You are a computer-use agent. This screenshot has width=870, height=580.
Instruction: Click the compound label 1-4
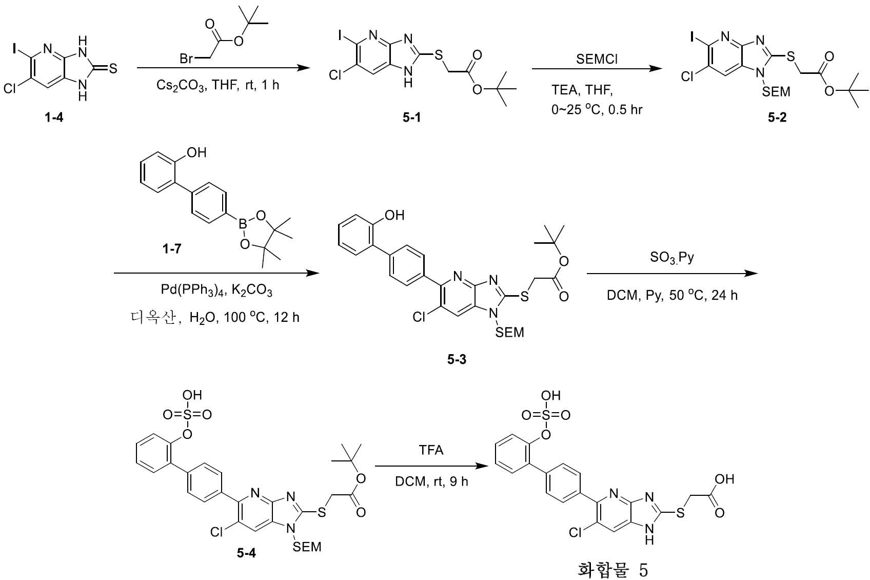54,118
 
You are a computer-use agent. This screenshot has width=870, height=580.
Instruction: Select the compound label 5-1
411,118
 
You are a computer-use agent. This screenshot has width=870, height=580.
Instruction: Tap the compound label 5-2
777,118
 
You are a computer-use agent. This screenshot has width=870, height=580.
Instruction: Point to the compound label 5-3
457,359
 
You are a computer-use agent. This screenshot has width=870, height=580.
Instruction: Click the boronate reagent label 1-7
171,249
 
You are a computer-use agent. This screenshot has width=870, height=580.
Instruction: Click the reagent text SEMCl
597,59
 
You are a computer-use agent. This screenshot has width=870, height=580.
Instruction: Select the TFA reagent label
431,450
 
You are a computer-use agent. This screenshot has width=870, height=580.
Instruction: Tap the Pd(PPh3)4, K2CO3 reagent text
216,290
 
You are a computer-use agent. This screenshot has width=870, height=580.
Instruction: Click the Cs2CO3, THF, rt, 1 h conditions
217,85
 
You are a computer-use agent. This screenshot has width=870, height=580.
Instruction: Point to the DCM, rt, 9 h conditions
431,481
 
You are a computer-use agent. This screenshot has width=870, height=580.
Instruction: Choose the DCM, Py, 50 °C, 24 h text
672,295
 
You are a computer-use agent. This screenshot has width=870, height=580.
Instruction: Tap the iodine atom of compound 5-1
340,35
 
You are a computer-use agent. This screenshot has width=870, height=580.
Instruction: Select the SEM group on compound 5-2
776,92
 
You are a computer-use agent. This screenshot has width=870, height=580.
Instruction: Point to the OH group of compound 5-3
395,215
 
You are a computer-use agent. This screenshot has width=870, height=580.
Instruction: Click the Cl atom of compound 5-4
216,532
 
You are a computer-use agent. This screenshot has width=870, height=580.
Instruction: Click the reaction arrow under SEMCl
597,68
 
